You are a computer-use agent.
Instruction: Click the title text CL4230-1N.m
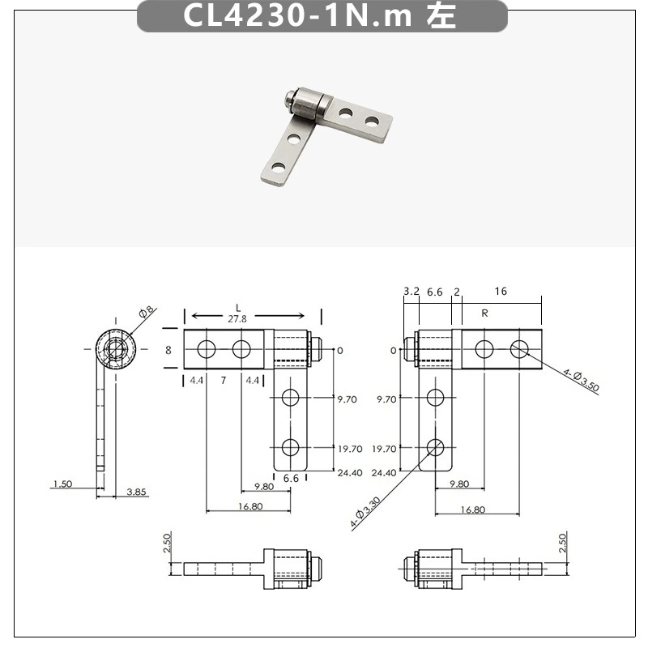point(297,15)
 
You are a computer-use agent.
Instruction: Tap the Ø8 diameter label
point(147,312)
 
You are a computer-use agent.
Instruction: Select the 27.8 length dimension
point(237,318)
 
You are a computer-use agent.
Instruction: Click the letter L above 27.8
point(238,308)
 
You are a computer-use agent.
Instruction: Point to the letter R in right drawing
point(484,313)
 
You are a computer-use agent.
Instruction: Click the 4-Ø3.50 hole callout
point(581,380)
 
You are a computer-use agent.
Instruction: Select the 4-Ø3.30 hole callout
point(365,513)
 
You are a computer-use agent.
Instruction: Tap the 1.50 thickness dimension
point(63,484)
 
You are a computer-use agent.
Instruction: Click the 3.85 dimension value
point(136,492)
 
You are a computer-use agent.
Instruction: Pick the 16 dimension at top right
point(501,292)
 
